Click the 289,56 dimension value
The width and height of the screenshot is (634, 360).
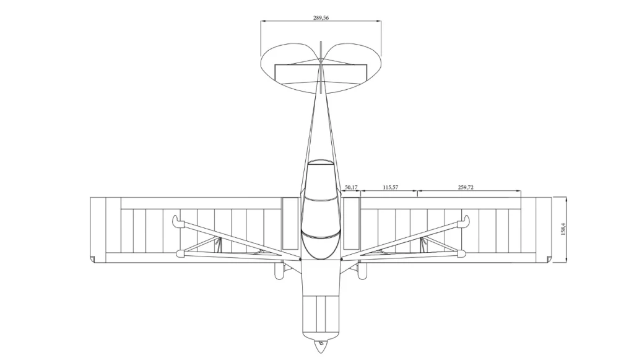click(321, 18)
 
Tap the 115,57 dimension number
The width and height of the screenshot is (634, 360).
click(390, 187)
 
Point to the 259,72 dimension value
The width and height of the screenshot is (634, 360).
click(466, 187)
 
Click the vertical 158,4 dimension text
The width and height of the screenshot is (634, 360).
click(563, 229)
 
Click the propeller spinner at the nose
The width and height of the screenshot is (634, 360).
click(321, 345)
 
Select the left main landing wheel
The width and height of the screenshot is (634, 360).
click(279, 271)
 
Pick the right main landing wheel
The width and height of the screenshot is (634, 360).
click(362, 271)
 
